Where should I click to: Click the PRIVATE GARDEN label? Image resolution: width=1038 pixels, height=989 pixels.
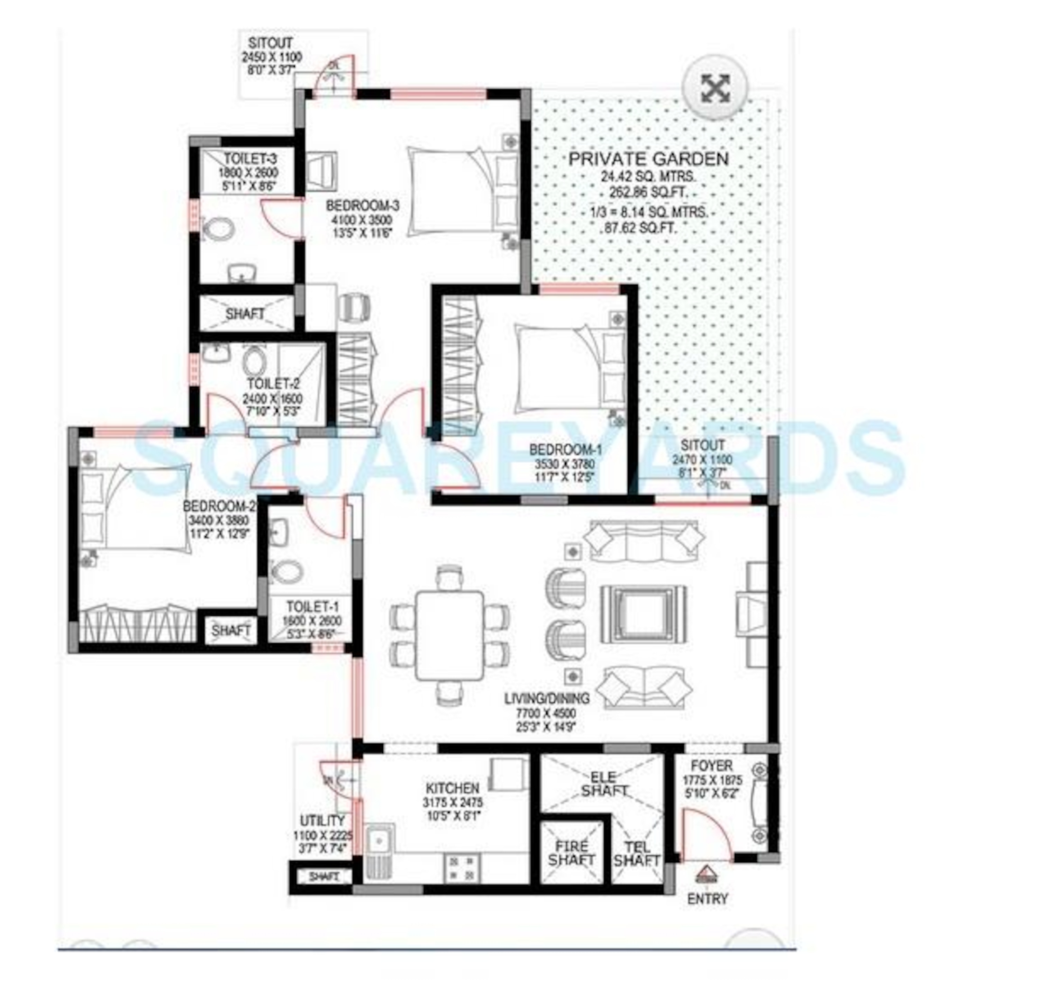click(648, 159)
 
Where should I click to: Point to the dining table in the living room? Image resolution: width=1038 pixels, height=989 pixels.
click(449, 636)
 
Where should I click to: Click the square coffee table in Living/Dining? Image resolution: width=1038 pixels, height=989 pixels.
click(644, 614)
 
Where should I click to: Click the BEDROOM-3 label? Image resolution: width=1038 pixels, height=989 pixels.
click(362, 206)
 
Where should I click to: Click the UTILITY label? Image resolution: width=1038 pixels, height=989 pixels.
click(322, 821)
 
